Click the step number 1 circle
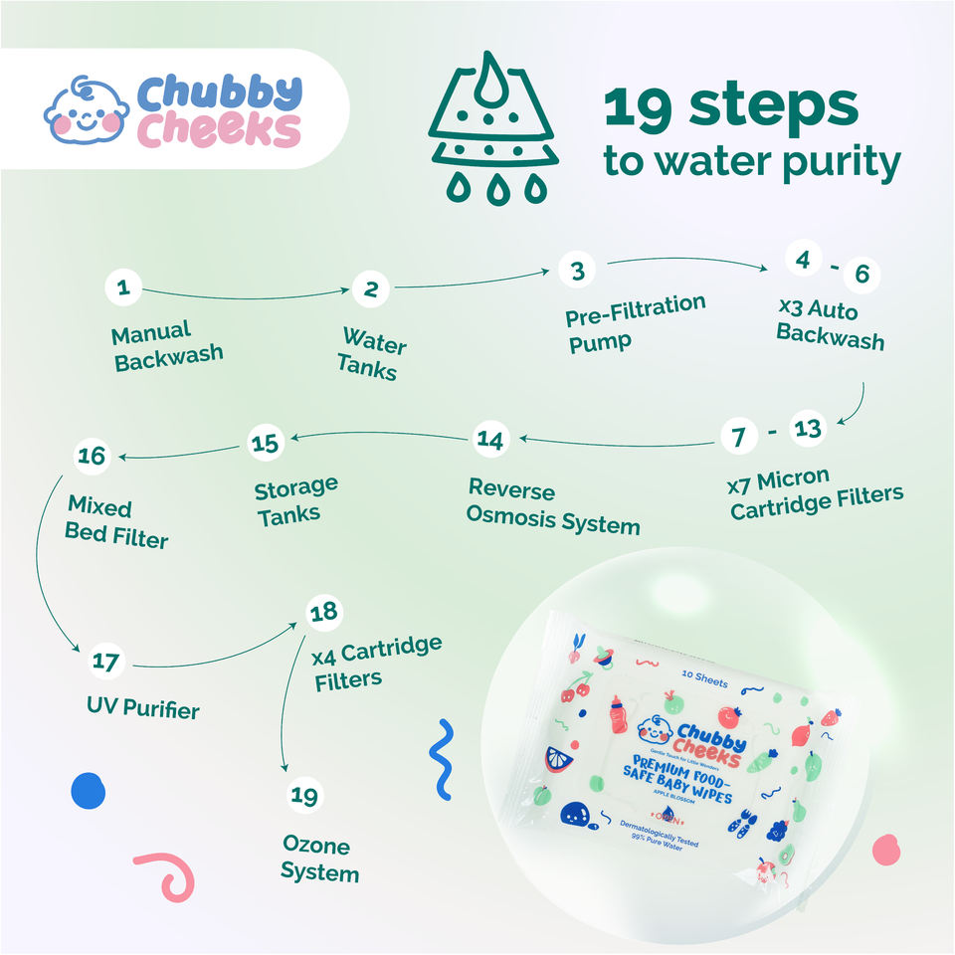pos(123,289)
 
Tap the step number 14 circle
pos(489,439)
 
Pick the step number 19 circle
pos(305,796)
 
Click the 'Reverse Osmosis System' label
pos(553,505)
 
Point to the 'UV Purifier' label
pos(142,708)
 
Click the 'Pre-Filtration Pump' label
pos(635,322)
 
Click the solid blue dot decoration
pos(88,791)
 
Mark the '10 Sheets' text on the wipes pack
pos(704,683)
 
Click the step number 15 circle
pos(266,442)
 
